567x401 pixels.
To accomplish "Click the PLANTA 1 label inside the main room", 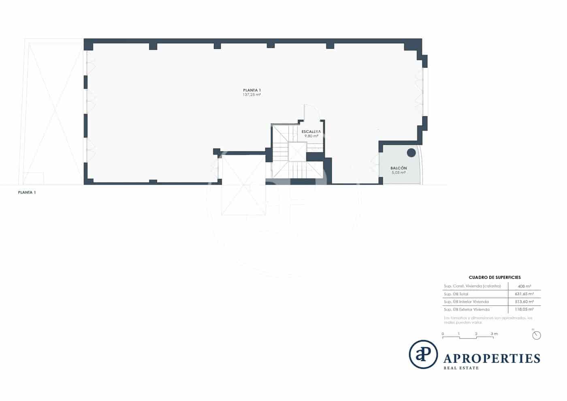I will click(252, 90).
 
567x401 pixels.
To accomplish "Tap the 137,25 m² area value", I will click(252, 95).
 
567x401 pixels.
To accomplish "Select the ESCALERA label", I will click(311, 132).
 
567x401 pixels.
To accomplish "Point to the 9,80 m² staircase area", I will click(311, 136).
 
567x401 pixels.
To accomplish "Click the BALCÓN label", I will click(399, 168).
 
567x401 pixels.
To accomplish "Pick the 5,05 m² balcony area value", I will click(399, 172).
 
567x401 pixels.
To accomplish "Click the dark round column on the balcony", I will click(411, 152).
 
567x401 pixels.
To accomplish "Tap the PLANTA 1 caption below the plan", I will click(27, 193).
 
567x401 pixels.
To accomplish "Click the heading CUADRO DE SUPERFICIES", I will click(495, 278).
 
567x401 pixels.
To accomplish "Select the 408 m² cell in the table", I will click(524, 286).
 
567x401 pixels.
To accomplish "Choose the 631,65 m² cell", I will click(524, 294).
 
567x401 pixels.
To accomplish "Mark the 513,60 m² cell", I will click(524, 302).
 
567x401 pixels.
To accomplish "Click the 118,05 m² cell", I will click(524, 309).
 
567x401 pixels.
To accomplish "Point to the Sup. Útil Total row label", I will click(456, 294).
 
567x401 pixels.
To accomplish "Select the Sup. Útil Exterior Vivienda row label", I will click(467, 309).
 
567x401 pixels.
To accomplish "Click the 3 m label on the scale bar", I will click(494, 334).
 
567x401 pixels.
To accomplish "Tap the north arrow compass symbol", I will click(537, 335).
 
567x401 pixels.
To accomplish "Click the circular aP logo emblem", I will click(423, 354).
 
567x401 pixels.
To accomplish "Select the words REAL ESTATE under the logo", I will click(461, 368).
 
